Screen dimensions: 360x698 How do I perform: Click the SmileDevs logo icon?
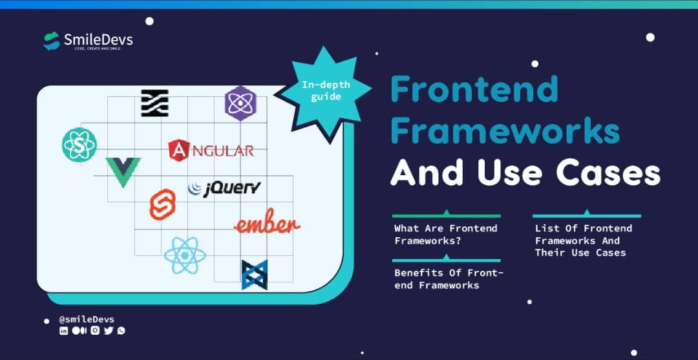[x=52, y=41]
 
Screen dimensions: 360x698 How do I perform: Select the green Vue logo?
[x=123, y=171]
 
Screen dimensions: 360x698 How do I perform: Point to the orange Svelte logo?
[x=162, y=205]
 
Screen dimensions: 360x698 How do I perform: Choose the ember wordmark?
[x=267, y=224]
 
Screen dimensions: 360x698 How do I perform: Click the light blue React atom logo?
[x=185, y=255]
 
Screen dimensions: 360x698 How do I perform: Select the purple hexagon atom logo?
[x=240, y=103]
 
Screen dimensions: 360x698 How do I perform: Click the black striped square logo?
[x=154, y=103]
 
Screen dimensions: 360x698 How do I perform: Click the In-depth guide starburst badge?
[x=323, y=92]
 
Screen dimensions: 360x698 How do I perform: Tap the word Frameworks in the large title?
[x=505, y=131]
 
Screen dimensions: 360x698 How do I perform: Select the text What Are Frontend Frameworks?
[x=446, y=235]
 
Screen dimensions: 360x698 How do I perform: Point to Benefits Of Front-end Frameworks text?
[x=449, y=279]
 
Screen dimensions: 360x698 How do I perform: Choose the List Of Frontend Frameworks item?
[x=583, y=240]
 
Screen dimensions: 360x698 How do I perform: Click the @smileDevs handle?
[x=87, y=319]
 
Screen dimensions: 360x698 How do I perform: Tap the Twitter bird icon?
[x=109, y=330]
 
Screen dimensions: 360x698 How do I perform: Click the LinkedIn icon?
[x=63, y=330]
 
